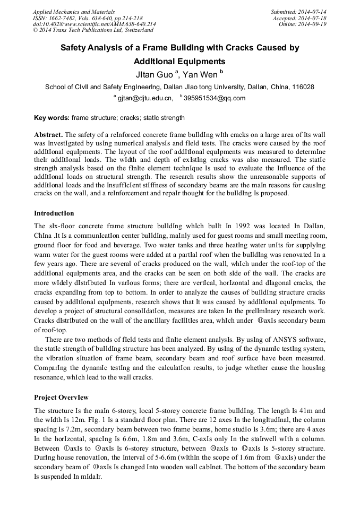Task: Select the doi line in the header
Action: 94,24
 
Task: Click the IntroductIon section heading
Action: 54,213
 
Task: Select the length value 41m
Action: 312,411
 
